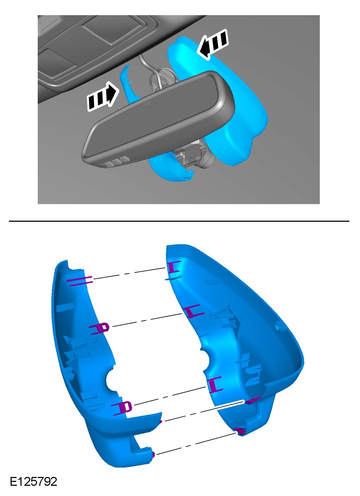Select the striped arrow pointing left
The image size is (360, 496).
pyautogui.click(x=213, y=44)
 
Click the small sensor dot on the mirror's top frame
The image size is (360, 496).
pyautogui.click(x=147, y=103)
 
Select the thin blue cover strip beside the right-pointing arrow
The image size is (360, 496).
pyautogui.click(x=130, y=83)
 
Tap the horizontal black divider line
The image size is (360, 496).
pyautogui.click(x=179, y=221)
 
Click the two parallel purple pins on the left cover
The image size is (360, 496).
pyautogui.click(x=80, y=281)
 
